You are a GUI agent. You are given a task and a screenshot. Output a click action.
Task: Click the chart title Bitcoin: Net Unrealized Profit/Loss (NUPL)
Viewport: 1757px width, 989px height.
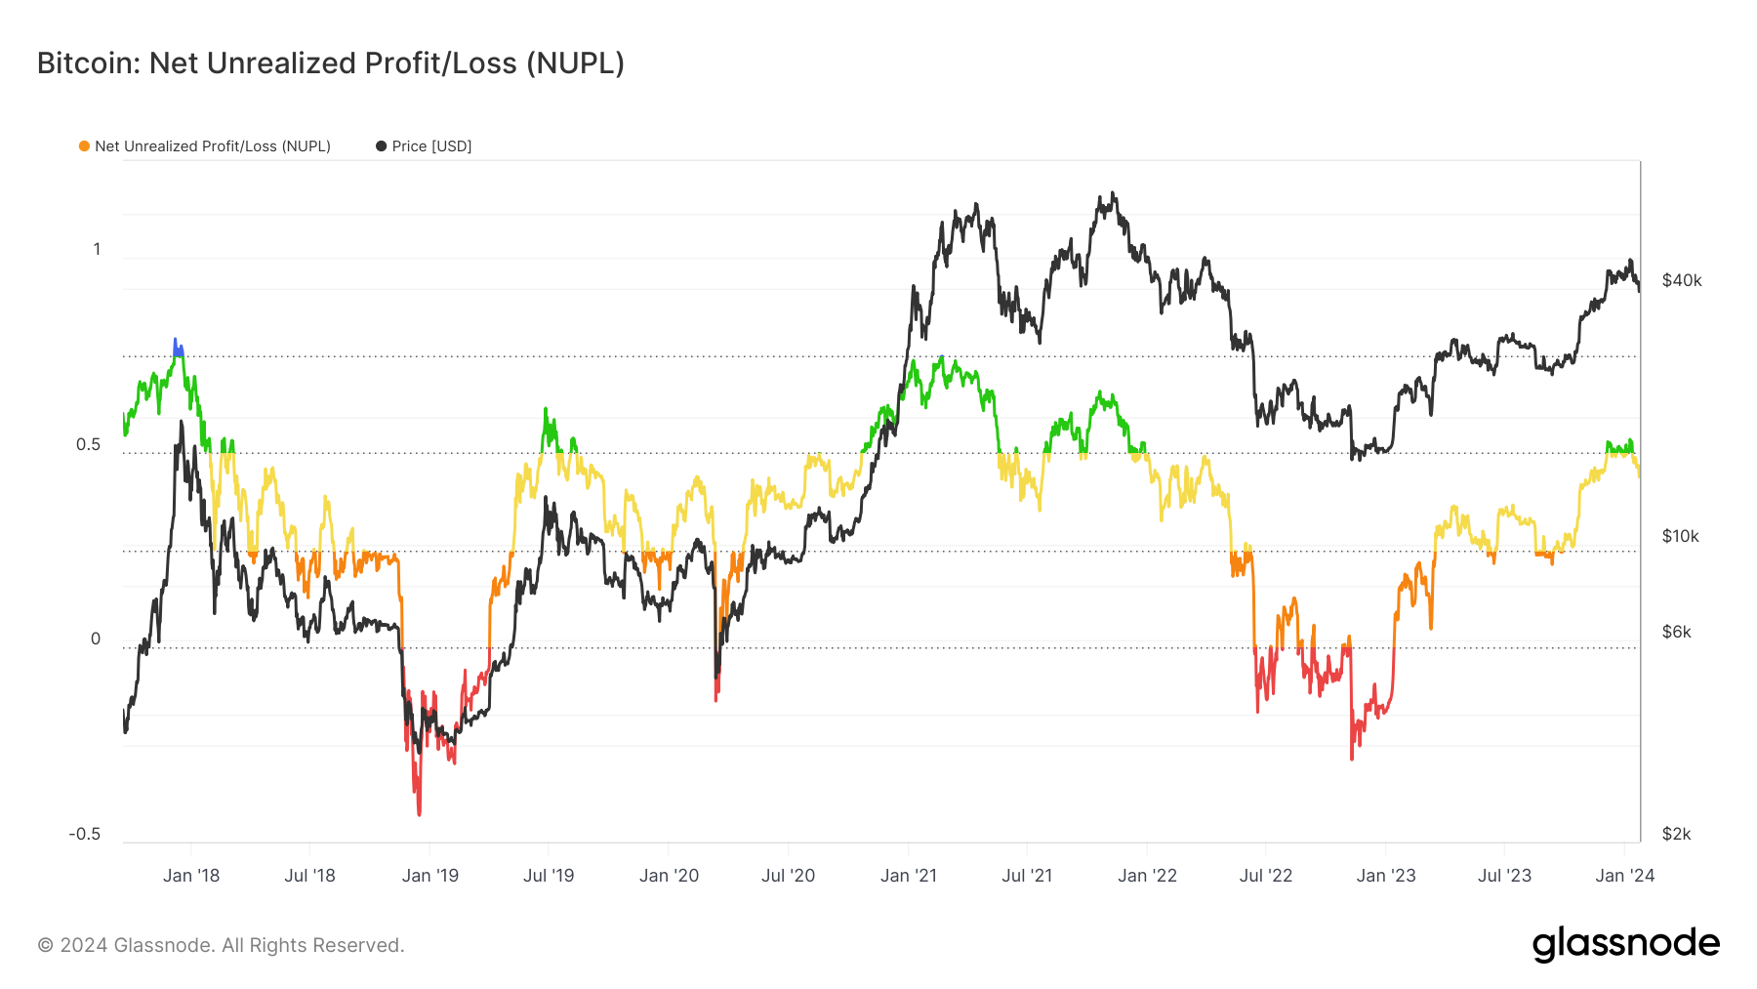tap(330, 63)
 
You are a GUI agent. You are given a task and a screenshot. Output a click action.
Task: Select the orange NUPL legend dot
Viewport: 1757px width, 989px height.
tap(85, 146)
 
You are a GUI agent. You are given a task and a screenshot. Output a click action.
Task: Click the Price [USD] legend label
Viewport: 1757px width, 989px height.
tap(431, 146)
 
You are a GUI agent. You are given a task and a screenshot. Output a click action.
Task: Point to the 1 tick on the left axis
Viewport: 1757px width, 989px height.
tap(97, 250)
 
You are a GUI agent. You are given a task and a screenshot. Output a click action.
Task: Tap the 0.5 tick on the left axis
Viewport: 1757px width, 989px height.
tap(88, 445)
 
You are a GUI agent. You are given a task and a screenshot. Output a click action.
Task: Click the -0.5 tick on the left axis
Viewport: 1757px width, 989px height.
tap(85, 835)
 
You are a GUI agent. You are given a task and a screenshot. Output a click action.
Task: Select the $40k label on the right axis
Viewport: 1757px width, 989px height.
tap(1682, 281)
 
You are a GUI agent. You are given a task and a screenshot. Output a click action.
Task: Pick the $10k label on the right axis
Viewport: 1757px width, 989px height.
tap(1681, 537)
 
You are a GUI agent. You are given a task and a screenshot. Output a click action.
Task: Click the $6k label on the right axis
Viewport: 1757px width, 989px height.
tap(1677, 633)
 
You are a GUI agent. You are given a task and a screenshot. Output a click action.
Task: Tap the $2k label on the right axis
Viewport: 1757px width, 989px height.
tap(1677, 835)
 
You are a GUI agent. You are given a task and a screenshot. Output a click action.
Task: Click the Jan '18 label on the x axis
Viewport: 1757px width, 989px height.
tap(191, 876)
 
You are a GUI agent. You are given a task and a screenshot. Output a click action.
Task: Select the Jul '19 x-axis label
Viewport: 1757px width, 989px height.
tap(549, 876)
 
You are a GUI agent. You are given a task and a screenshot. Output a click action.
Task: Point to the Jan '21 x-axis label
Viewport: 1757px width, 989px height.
tap(909, 876)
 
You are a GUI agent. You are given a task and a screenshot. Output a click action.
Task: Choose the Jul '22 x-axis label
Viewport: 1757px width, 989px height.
tap(1266, 876)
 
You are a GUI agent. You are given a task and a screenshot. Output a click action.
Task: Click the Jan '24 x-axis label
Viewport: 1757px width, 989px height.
tap(1625, 876)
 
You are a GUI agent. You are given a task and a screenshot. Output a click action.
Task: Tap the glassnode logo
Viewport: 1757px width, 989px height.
tap(1626, 944)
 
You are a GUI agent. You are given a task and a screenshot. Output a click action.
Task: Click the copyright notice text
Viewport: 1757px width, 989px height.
tap(221, 945)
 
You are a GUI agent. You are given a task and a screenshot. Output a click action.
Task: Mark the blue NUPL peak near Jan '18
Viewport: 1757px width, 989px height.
tap(176, 343)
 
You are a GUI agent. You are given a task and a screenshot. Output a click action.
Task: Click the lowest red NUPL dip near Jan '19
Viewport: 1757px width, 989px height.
tap(420, 811)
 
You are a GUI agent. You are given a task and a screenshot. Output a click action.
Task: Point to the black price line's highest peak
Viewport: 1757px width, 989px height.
tap(1113, 194)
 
